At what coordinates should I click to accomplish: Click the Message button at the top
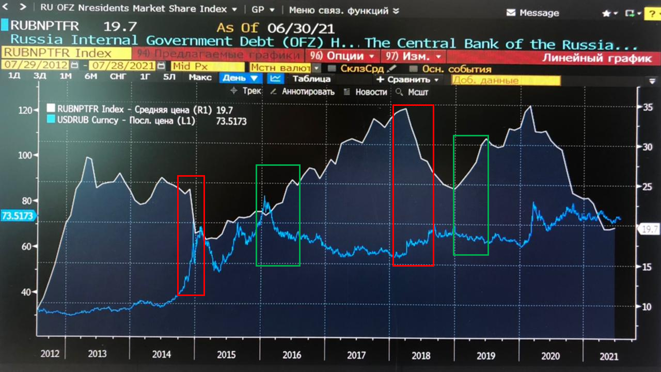[533, 13]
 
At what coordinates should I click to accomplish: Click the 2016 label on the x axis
[292, 355]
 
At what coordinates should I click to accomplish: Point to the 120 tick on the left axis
[25, 110]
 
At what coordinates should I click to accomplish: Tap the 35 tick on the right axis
[647, 107]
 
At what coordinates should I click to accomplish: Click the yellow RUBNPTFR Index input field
[66, 53]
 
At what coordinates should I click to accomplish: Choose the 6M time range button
[91, 78]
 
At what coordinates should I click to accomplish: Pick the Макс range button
[200, 78]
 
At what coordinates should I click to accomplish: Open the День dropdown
[241, 79]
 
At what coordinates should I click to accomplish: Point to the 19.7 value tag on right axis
[648, 229]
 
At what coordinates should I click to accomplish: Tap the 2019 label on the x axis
[485, 355]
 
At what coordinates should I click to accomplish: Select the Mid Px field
[207, 66]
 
